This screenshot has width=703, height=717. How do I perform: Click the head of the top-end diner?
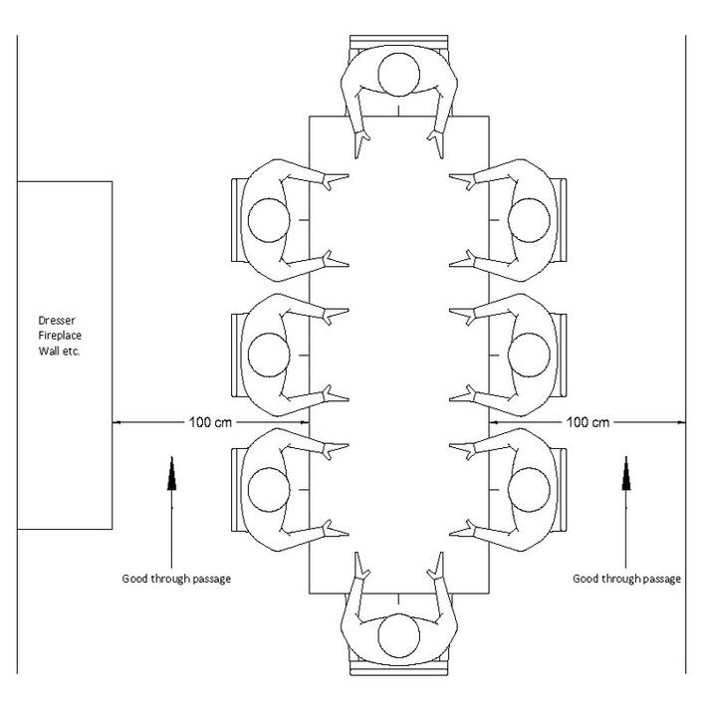[x=399, y=74]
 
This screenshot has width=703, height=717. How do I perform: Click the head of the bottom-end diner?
[x=399, y=633]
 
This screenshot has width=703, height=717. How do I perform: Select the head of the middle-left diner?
[x=268, y=354]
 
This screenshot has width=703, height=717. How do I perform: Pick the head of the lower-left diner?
[x=268, y=487]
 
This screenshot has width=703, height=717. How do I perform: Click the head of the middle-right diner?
[x=530, y=354]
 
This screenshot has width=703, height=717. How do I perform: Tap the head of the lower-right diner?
[x=530, y=487]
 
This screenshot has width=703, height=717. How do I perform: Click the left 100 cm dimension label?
[x=210, y=422]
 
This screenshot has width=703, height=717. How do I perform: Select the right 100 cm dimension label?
[x=586, y=422]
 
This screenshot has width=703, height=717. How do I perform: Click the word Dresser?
[x=57, y=321]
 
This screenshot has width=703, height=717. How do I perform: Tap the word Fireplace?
[x=60, y=337]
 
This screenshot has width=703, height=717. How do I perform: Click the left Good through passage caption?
[x=176, y=579]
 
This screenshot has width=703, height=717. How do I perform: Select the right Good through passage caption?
[x=627, y=579]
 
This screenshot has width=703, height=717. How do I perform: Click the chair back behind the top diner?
[x=399, y=41]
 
